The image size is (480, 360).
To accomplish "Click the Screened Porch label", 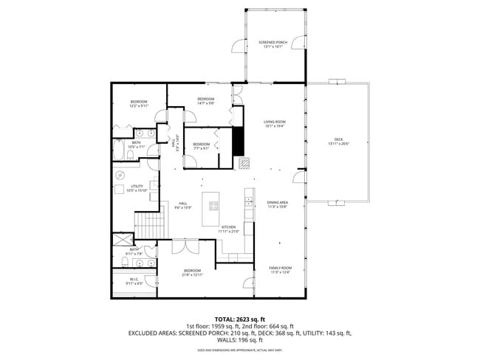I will click(x=270, y=45).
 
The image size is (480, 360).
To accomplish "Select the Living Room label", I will click(x=275, y=124).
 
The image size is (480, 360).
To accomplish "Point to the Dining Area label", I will click(x=277, y=204).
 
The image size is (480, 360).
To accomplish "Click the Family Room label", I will click(x=281, y=270).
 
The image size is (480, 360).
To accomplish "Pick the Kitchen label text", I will click(x=228, y=229).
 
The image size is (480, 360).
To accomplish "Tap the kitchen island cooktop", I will click(x=216, y=204).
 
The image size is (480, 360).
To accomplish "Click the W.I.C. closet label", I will click(x=133, y=281).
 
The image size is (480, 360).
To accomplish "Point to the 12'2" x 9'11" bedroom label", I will click(x=139, y=103).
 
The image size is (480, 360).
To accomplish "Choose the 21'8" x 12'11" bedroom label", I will click(x=192, y=272).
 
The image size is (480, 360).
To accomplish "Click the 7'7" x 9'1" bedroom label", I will click(x=201, y=146).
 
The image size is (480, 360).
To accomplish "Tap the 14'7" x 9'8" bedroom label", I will click(x=205, y=101).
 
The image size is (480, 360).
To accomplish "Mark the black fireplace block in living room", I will click(x=239, y=141).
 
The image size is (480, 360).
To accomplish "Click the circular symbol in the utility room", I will click(x=120, y=175).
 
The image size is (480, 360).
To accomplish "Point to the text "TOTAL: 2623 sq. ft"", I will click(x=240, y=319).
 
